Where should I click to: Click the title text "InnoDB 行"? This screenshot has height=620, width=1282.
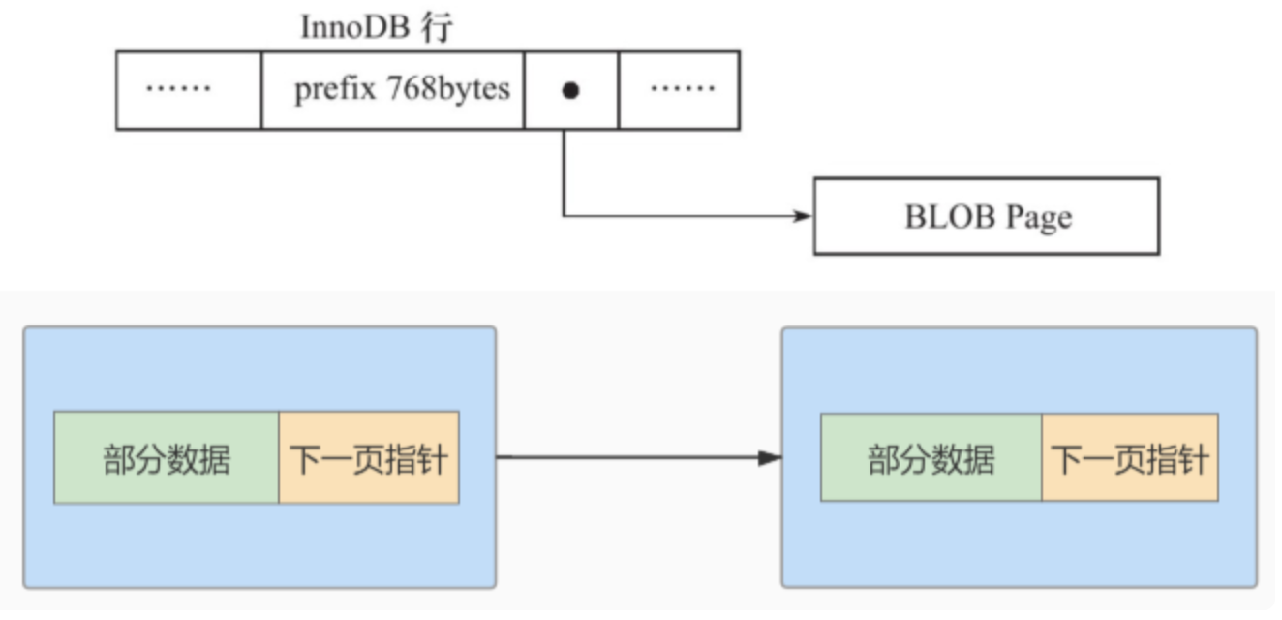click(377, 28)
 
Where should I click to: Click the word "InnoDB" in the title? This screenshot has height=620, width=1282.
click(356, 28)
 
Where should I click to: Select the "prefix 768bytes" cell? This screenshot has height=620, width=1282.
click(393, 90)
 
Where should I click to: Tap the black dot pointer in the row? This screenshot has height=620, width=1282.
click(570, 90)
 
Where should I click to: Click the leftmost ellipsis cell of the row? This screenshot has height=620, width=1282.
click(189, 90)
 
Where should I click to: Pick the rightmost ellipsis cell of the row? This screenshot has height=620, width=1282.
click(680, 90)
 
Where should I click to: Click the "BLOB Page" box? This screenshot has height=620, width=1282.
click(986, 216)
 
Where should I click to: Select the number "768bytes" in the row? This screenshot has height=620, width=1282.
click(448, 90)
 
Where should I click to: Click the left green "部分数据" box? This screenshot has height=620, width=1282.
click(167, 458)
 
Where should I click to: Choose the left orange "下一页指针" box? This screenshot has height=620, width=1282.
click(369, 458)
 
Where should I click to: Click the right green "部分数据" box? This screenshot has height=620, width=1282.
click(931, 458)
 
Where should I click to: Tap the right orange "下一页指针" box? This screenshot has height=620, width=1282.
click(1130, 458)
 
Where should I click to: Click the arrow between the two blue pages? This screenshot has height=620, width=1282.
click(629, 457)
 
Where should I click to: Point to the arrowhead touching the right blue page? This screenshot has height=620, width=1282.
click(770, 457)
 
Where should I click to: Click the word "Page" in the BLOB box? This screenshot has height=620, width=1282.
click(1039, 216)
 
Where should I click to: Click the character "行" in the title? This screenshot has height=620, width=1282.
click(439, 28)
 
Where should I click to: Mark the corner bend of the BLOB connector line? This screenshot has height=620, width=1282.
click(564, 216)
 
